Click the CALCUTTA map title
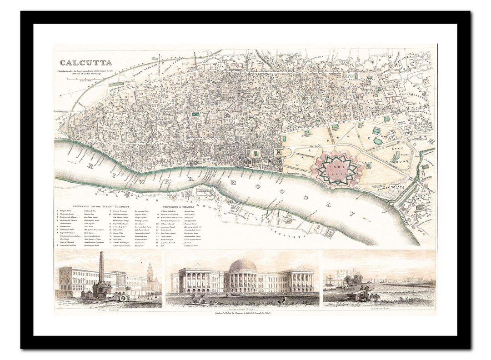point(85,63)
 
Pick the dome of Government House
point(243,265)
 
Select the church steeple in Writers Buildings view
point(150,272)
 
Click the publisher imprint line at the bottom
point(242,313)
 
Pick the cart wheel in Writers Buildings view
point(123,298)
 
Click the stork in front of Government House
point(283,300)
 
